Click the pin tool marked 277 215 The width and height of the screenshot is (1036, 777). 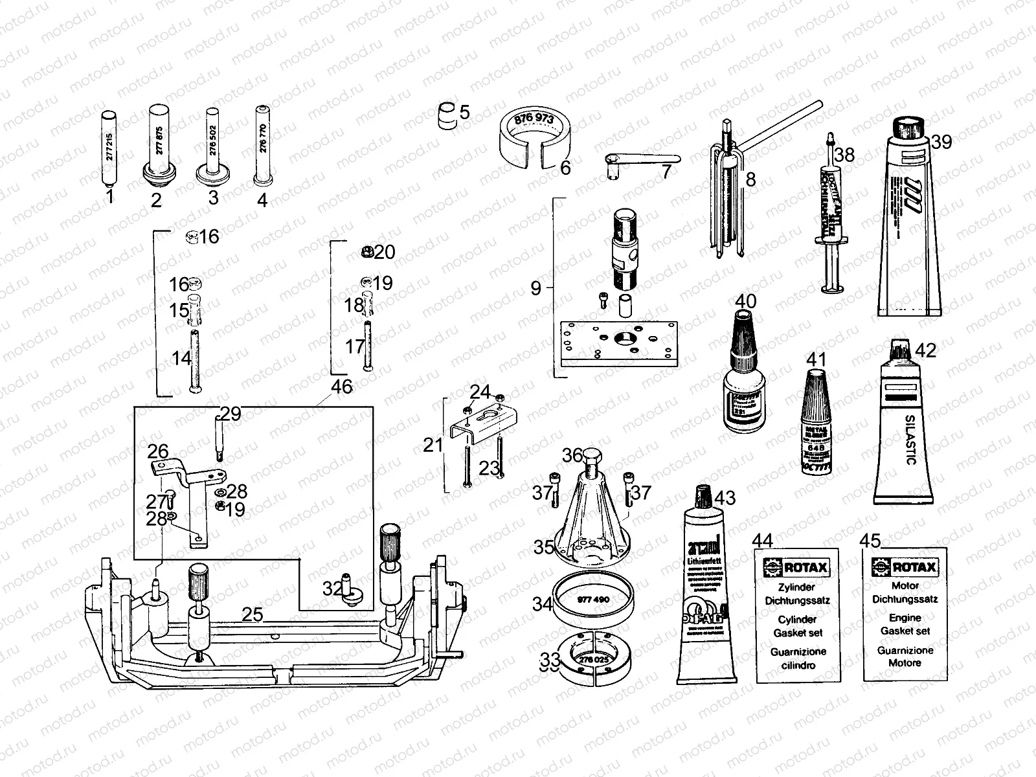(109, 149)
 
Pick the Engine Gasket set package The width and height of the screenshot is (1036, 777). (905, 615)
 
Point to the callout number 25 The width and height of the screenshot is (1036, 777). (252, 614)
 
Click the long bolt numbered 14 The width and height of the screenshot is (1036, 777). (194, 359)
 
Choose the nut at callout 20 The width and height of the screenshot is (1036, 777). (366, 251)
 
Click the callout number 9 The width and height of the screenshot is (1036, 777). (535, 287)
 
